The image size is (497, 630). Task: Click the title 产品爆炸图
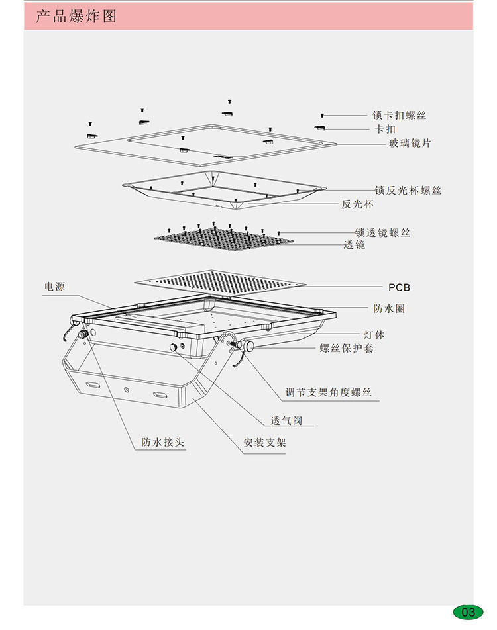click(76, 17)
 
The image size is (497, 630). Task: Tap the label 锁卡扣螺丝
click(400, 115)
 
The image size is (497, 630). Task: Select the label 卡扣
click(386, 129)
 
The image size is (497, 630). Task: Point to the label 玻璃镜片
click(409, 143)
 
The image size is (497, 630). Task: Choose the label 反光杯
click(358, 204)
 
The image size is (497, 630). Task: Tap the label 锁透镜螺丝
click(382, 233)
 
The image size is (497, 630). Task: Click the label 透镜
click(355, 245)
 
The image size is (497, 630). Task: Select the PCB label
click(399, 287)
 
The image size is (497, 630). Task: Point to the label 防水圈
click(389, 309)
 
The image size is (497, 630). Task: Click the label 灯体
click(374, 335)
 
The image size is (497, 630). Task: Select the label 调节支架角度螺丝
click(329, 393)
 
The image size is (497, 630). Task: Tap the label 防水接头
click(162, 443)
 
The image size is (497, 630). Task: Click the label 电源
click(54, 287)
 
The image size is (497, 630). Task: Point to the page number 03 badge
click(468, 611)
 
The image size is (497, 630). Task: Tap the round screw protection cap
click(250, 346)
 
